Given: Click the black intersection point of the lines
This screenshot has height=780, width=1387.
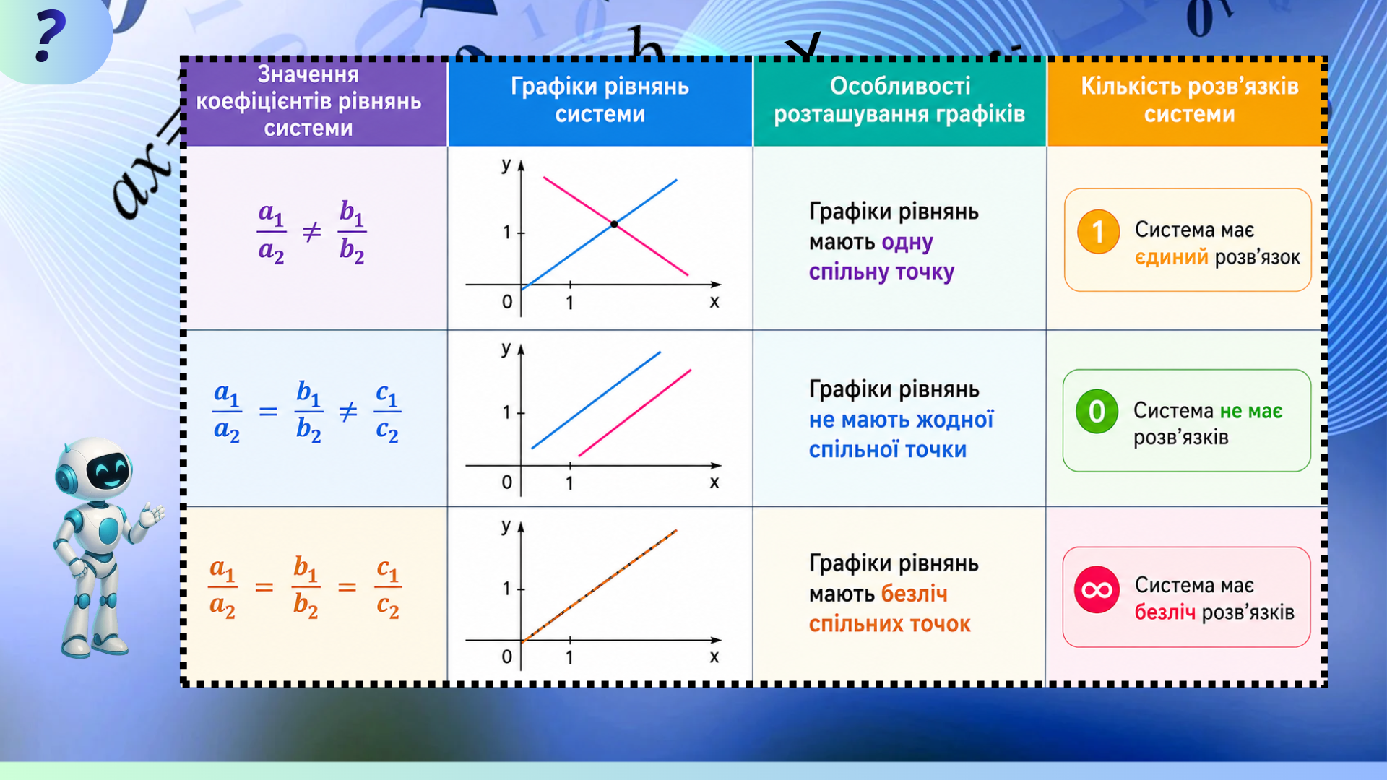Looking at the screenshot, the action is [x=614, y=225].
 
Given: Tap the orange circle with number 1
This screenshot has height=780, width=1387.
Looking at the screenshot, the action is [x=1098, y=232].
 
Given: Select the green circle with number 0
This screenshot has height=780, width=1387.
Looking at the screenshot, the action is [x=1097, y=412].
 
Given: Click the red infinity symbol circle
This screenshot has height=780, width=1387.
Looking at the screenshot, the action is [x=1097, y=590].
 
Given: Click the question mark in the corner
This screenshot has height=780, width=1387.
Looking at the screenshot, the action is [x=50, y=38].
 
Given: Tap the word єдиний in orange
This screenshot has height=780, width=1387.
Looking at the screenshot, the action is [x=1171, y=257].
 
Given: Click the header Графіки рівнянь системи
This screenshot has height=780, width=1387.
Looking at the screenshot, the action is [x=600, y=100].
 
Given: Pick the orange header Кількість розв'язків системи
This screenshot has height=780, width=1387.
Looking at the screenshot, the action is [x=1188, y=101].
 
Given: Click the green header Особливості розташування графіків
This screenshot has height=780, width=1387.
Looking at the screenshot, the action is [x=899, y=101].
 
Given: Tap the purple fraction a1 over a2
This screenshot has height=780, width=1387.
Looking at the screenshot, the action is [x=271, y=233].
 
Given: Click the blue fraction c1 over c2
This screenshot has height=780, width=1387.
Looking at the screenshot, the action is [x=387, y=412].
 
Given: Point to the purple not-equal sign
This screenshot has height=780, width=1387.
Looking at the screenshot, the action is [x=311, y=233].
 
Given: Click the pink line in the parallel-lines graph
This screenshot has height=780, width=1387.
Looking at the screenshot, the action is [x=635, y=413].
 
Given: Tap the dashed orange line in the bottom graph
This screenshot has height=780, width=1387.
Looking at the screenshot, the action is [x=599, y=586].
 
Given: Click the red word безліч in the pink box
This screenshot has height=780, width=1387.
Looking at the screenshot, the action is [x=1165, y=612].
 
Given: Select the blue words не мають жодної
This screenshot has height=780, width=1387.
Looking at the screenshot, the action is [x=901, y=420].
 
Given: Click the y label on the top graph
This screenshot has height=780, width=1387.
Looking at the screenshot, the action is [x=506, y=165].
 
